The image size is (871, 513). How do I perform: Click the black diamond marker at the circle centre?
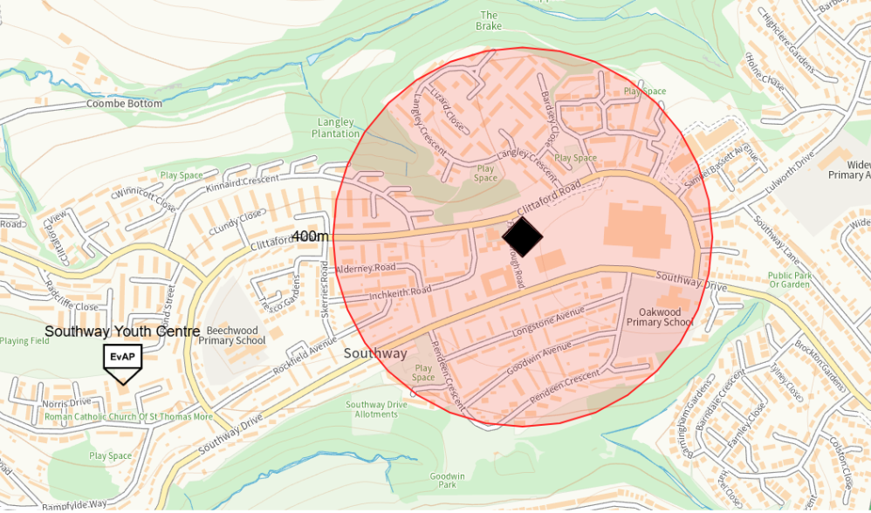point(523,236)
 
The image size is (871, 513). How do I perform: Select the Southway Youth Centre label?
point(122,332)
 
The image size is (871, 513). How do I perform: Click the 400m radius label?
point(311,236)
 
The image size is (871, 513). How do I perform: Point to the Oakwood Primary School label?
point(660,317)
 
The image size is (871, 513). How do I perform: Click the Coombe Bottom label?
point(124,104)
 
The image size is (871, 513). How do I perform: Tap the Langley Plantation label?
point(336,128)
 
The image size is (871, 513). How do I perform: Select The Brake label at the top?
point(489,20)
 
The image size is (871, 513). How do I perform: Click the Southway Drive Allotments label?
point(376,409)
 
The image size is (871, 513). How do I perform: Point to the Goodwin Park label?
point(442,479)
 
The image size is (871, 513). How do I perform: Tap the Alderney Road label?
point(366,268)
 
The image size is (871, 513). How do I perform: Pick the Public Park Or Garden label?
point(790,280)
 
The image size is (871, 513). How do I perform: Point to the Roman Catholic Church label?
point(127,417)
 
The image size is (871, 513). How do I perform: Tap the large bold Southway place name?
point(375,353)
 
